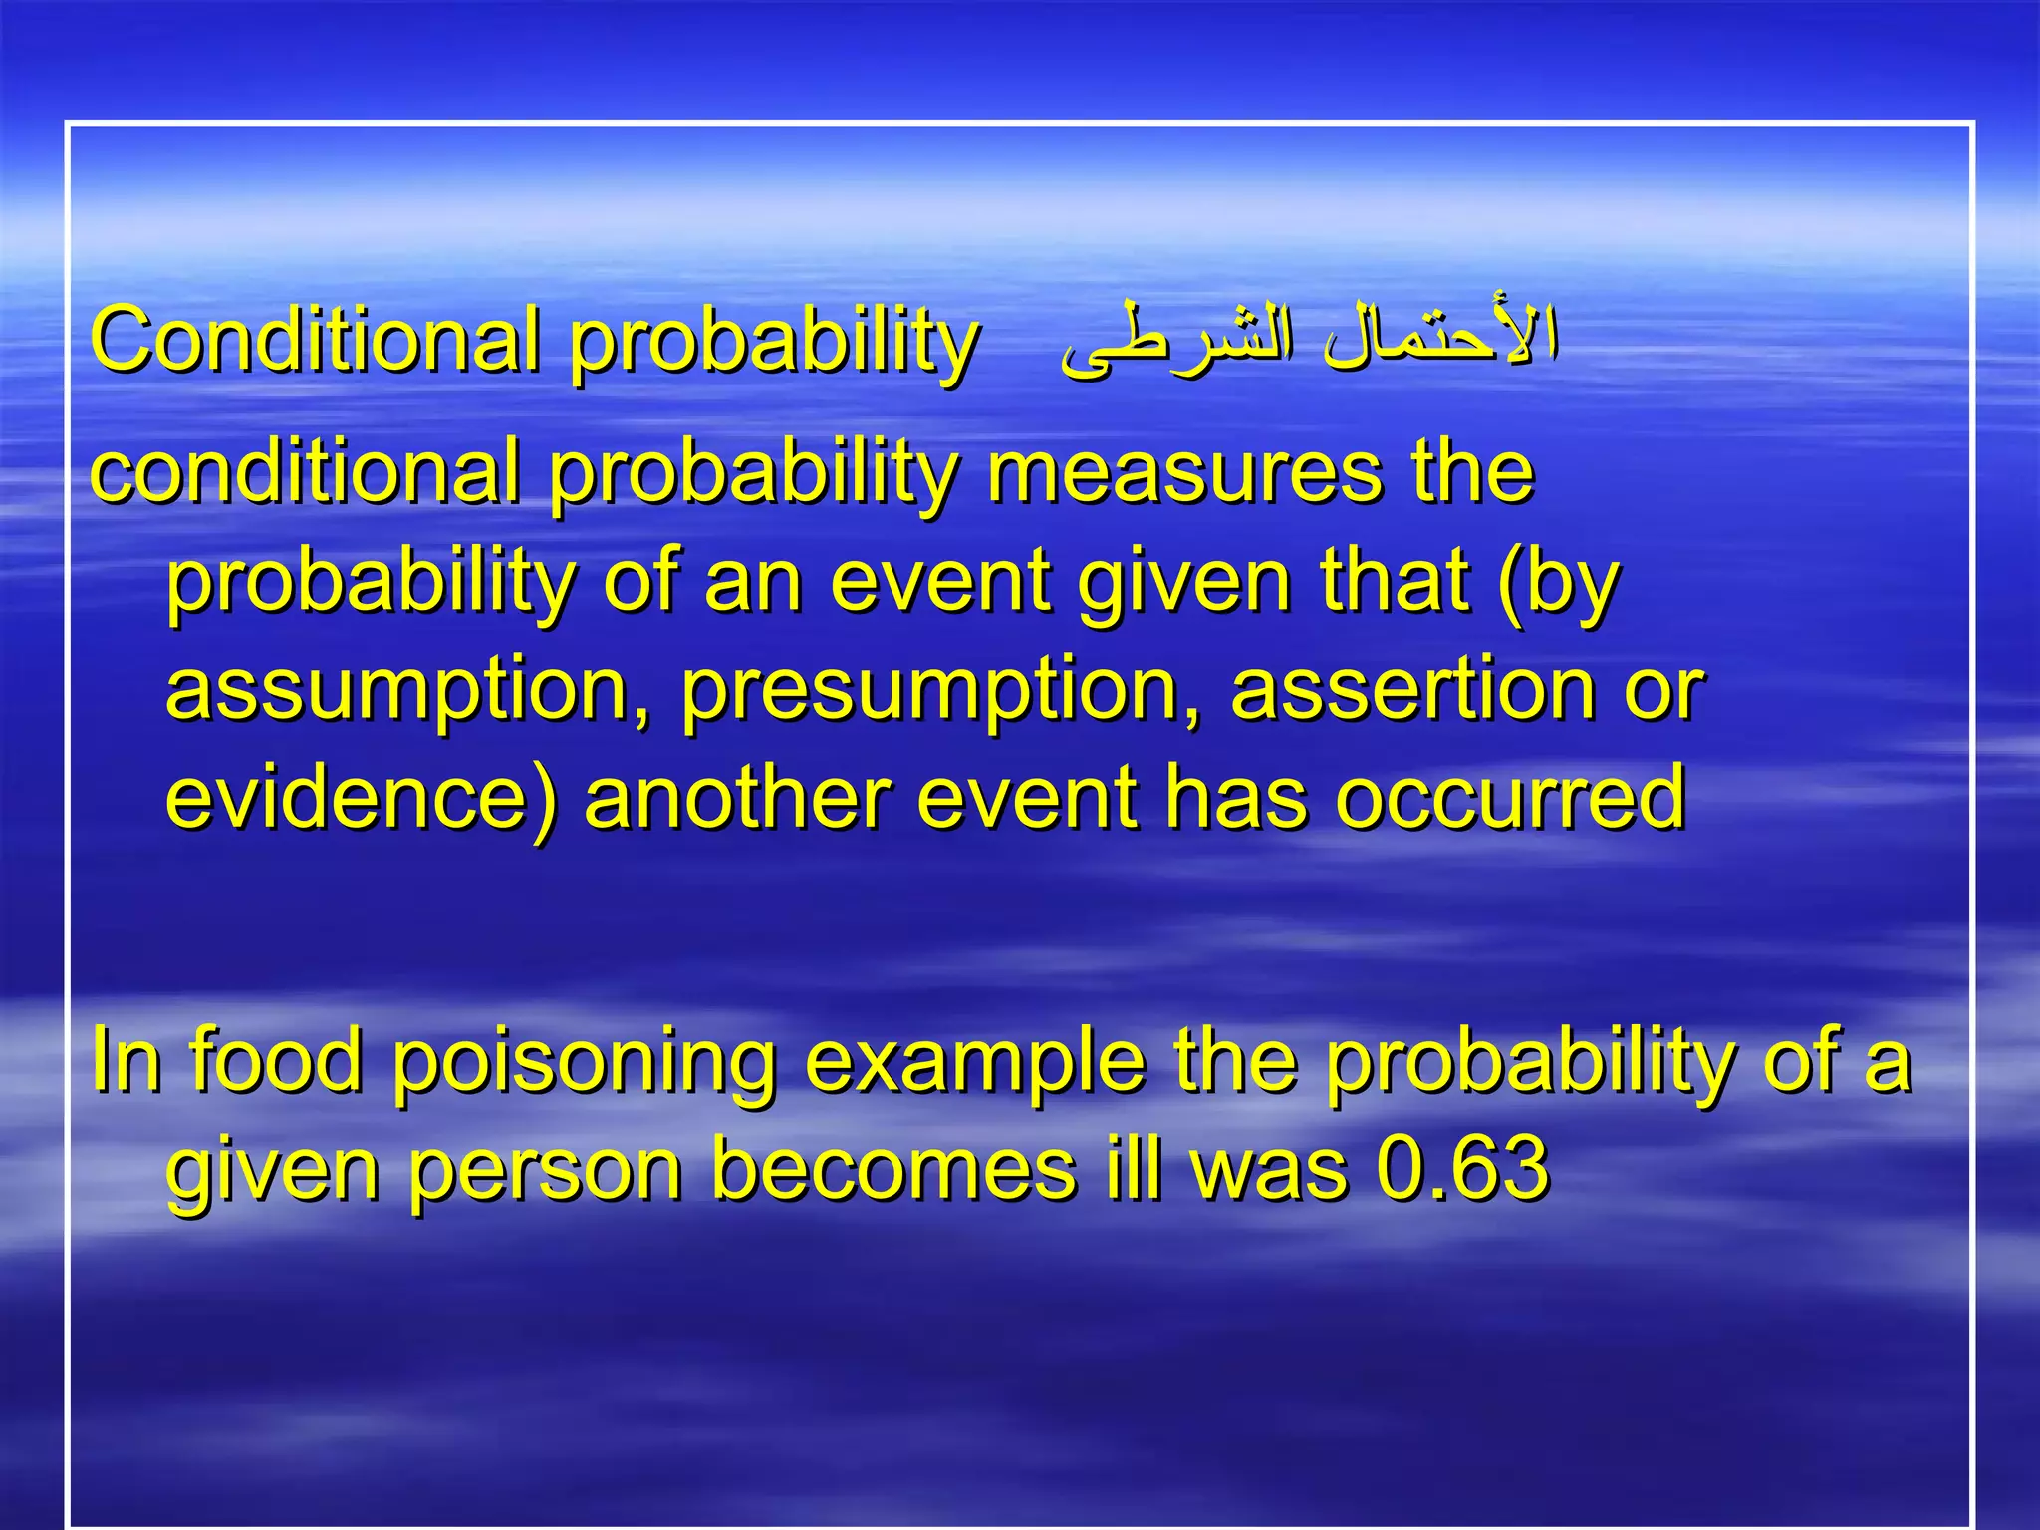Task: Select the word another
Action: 737,797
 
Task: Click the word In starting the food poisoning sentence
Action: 126,1060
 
